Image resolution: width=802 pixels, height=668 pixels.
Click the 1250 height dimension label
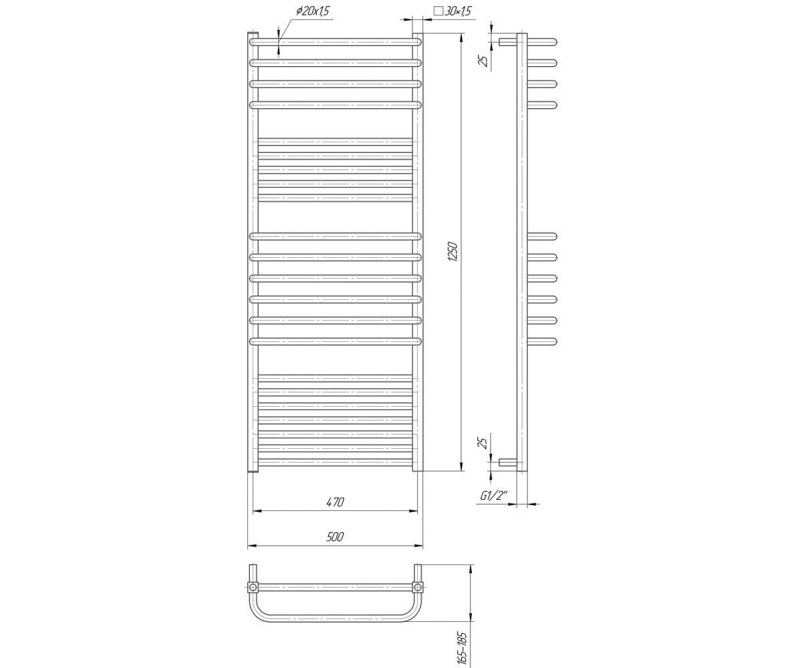coord(454,252)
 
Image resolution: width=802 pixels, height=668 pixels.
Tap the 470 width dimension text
coord(336,502)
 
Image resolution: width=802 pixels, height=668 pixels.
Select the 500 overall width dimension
coord(335,536)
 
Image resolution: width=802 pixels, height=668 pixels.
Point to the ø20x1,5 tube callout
coord(312,12)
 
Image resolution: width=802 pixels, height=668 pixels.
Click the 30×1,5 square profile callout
coord(452,11)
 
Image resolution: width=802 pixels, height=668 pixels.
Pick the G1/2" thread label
coord(494,496)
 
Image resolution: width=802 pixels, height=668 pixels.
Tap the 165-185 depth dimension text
coord(462,648)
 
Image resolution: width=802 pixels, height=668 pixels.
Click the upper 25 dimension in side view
coord(485,61)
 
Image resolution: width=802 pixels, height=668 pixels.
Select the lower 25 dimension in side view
coord(485,443)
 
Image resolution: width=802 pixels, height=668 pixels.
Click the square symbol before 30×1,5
coord(438,11)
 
